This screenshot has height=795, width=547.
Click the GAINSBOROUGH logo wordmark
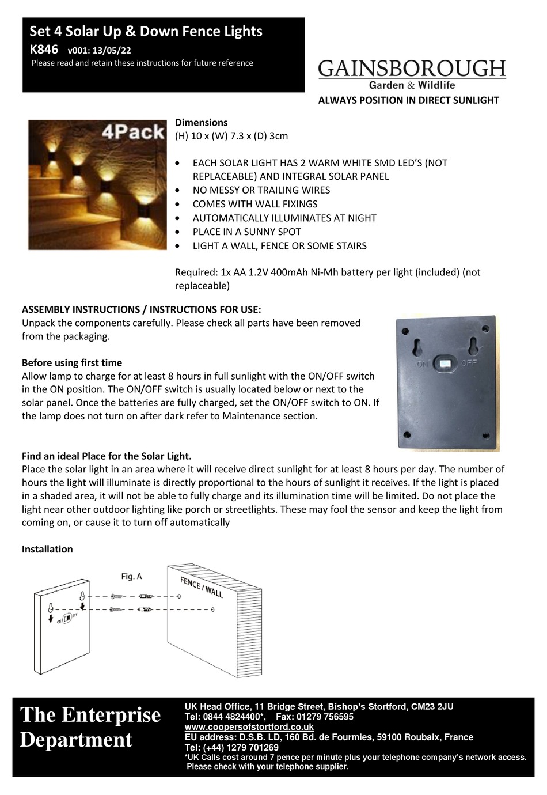(412, 69)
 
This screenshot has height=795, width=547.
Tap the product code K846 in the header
(43, 50)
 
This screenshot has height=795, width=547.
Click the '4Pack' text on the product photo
(134, 132)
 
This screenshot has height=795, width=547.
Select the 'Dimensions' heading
(201, 122)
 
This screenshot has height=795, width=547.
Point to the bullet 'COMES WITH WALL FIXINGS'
(254, 204)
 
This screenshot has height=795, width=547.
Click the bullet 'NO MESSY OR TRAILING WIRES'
(261, 190)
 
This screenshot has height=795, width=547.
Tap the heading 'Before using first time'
(72, 362)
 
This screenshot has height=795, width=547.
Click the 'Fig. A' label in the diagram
(131, 576)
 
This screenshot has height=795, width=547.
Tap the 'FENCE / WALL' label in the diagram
(201, 587)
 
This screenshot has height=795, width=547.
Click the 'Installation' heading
(47, 549)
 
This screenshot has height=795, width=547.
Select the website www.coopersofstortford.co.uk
(249, 727)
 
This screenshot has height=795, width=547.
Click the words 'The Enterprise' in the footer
(90, 715)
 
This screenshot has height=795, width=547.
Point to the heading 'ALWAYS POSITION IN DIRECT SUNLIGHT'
(408, 100)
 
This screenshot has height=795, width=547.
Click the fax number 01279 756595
(323, 717)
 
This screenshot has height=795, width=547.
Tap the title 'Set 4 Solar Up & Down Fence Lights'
(146, 31)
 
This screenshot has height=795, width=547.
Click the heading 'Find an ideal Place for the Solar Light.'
(107, 456)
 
